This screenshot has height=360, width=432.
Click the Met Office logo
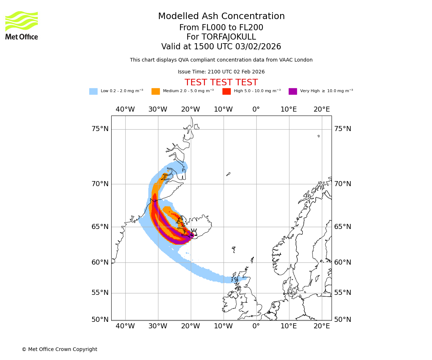pos(22,25)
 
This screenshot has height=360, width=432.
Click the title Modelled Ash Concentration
pos(221,17)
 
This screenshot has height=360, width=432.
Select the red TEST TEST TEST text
pos(221,82)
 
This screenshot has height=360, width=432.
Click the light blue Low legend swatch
pos(93,91)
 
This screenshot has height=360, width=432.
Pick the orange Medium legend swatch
pos(156,91)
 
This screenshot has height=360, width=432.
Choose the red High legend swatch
pos(226,91)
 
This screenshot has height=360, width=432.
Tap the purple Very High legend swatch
pos(293,91)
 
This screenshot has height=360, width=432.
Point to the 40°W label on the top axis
pos(125,109)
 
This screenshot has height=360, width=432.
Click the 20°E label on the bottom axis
pos(321,326)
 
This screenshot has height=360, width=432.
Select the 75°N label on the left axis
pos(100,129)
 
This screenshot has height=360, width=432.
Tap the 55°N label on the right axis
pos(342,293)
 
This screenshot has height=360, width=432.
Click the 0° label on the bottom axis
pos(256,326)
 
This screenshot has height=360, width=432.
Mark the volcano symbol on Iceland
pos(194,232)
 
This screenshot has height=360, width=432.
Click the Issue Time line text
pos(221,72)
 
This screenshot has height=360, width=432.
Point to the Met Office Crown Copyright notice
pos(59,349)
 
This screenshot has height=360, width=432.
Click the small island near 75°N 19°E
pos(319,136)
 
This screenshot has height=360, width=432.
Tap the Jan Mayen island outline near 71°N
pos(228,174)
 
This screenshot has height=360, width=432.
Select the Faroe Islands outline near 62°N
pos(234,249)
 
